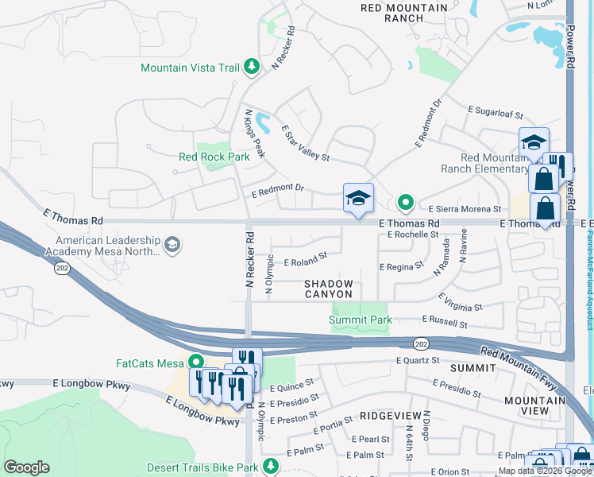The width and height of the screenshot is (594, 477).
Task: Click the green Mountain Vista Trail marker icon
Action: [253, 67]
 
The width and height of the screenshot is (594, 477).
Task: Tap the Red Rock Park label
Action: [214, 157]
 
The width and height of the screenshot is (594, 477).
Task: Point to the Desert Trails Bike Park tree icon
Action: [271, 464]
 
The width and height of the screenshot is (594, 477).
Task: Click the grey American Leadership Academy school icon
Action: [172, 245]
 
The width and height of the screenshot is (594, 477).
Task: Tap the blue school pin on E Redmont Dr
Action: [358, 199]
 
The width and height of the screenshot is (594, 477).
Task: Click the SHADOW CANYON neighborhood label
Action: [329, 289]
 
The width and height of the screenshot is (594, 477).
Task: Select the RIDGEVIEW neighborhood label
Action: [387, 415]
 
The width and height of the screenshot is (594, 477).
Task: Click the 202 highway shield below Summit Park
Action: [418, 343]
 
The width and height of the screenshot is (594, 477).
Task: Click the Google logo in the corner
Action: [26, 467]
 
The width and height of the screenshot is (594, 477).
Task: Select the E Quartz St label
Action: [418, 360]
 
